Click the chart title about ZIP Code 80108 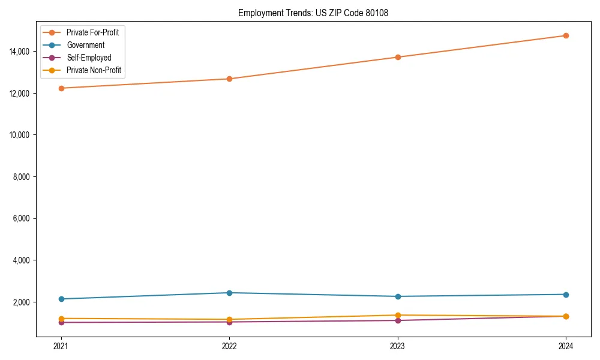(313, 13)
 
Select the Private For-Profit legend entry (92, 32)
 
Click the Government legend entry (85, 45)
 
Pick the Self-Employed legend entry (89, 58)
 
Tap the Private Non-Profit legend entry (94, 70)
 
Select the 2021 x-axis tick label (61, 346)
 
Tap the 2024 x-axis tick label (566, 346)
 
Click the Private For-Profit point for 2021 (61, 88)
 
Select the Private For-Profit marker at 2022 (229, 79)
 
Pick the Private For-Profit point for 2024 (566, 35)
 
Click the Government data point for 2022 (229, 293)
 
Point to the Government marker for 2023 (398, 296)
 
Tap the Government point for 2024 (566, 295)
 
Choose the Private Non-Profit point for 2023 (398, 315)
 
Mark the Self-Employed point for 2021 (61, 322)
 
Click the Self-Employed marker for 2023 (398, 320)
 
